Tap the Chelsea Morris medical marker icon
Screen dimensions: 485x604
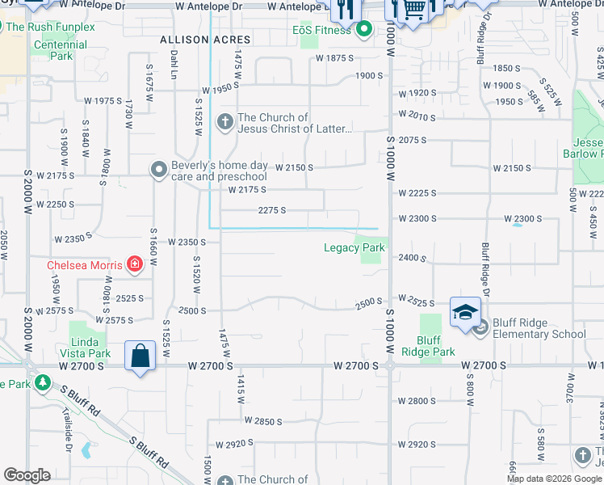click(x=136, y=264)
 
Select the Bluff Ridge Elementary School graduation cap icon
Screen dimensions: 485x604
click(x=465, y=311)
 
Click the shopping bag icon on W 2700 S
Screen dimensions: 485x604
click(x=141, y=355)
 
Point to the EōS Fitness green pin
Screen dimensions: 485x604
click(x=364, y=31)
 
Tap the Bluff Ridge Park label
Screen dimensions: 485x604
click(x=436, y=346)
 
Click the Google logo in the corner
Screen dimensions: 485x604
click(x=27, y=475)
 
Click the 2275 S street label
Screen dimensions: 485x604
click(x=272, y=210)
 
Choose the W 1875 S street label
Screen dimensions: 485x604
click(x=335, y=58)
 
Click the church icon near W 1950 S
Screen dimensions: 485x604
click(x=225, y=123)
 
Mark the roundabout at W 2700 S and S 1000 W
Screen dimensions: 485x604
click(x=390, y=366)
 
